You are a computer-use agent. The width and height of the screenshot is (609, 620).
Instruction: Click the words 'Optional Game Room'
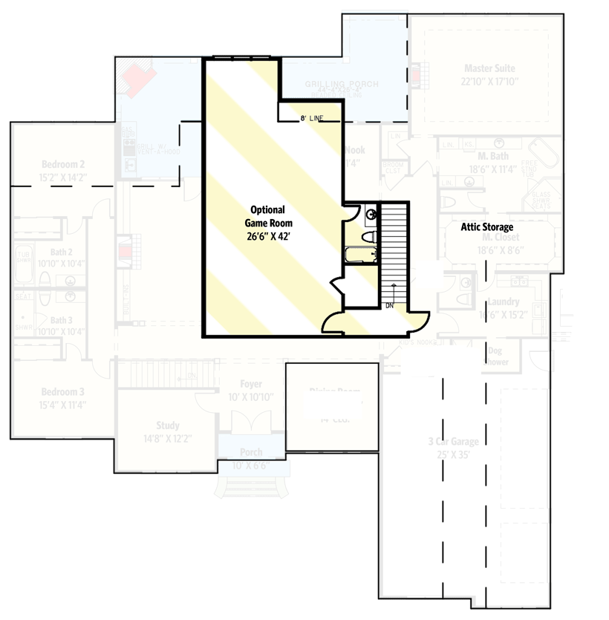pos(270,215)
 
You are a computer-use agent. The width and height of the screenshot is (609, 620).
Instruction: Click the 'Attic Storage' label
pos(487,226)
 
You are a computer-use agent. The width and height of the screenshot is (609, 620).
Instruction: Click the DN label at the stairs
pos(390,305)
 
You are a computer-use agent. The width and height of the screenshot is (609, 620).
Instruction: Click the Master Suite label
pos(489,68)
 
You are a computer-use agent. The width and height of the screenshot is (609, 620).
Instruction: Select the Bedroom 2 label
pos(63,164)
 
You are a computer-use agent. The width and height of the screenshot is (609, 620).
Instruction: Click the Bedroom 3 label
pos(63,391)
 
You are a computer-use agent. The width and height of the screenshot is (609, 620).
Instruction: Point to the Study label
pos(168,425)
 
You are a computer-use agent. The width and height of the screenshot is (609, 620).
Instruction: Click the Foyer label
pos(251,384)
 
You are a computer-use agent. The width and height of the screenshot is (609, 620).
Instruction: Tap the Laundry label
pos(504,302)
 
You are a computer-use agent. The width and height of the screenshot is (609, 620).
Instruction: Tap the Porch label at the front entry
pos(251,452)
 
